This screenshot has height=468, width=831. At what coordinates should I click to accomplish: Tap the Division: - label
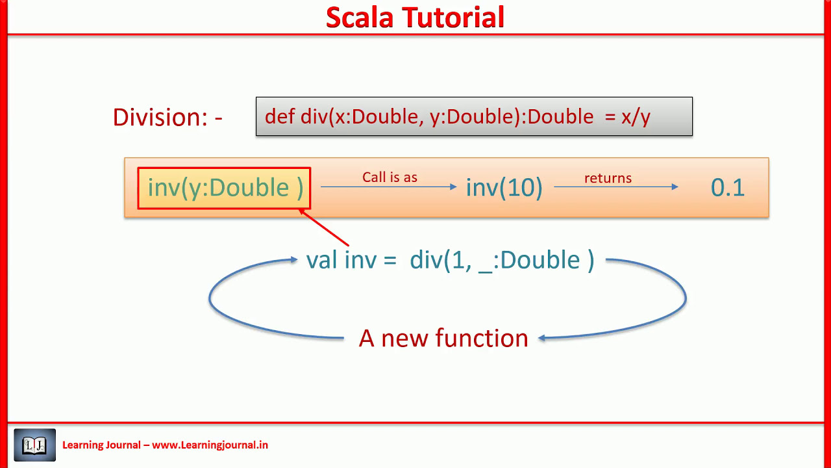(167, 117)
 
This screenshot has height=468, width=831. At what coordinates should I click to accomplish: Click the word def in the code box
(280, 116)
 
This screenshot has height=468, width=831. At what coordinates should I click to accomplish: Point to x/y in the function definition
(636, 117)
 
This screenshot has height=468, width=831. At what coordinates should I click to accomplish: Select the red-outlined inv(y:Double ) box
(225, 188)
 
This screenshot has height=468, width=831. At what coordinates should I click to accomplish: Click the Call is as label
(390, 177)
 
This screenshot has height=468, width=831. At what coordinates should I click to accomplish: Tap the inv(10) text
(504, 188)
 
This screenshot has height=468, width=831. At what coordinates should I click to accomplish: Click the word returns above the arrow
(608, 178)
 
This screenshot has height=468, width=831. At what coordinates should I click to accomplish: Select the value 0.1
(727, 188)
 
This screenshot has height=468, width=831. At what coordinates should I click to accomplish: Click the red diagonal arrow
(325, 228)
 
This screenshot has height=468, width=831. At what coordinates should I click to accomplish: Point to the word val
(323, 260)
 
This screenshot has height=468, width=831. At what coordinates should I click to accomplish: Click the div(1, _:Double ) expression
(502, 260)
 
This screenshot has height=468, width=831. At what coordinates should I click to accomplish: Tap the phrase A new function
(443, 338)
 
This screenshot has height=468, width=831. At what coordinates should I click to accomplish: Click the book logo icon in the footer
(35, 445)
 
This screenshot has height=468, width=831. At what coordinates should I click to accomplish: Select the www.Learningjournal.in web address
(210, 445)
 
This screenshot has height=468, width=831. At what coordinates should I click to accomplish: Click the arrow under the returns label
(615, 187)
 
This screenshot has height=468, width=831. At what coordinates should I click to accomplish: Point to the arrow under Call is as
(389, 187)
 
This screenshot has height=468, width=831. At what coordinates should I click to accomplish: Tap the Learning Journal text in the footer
(101, 445)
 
